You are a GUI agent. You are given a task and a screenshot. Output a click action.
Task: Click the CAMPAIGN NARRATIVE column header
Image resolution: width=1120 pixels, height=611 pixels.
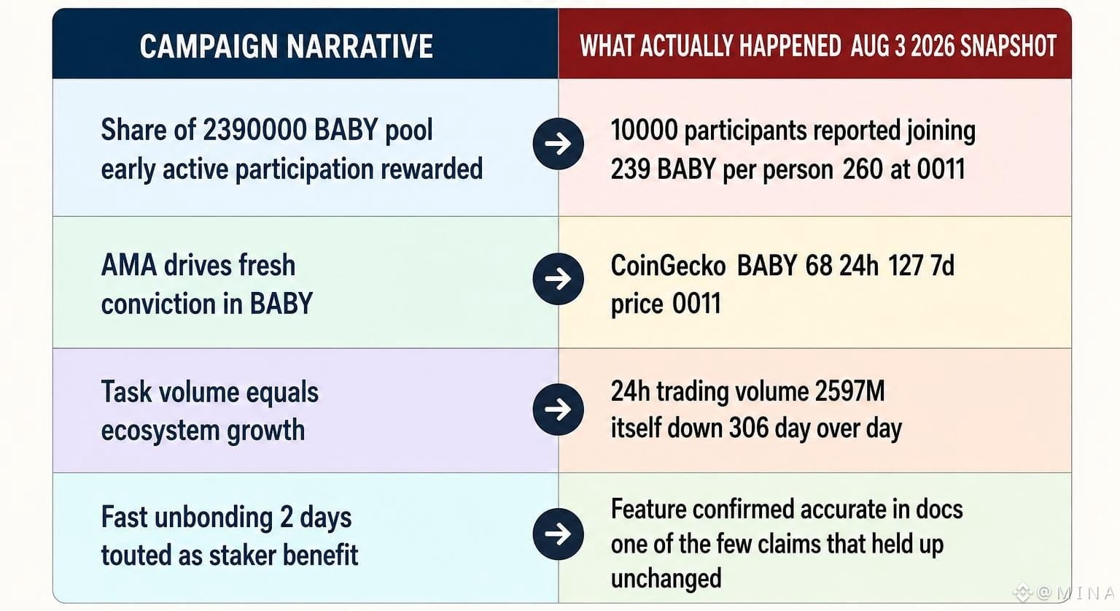[x=287, y=46]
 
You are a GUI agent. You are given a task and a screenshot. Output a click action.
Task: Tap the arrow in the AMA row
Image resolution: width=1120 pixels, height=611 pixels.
[x=558, y=279]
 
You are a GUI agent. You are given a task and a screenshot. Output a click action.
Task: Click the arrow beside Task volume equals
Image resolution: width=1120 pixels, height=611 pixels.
[x=558, y=410]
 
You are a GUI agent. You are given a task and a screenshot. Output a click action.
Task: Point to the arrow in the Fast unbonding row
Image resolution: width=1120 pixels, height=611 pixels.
[x=558, y=534]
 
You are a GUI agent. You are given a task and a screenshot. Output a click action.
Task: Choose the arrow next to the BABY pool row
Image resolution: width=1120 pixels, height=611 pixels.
[x=558, y=144]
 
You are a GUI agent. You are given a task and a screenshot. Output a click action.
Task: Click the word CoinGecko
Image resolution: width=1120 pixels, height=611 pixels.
[x=668, y=265]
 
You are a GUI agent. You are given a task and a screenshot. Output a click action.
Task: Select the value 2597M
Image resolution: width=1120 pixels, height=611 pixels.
[x=850, y=391]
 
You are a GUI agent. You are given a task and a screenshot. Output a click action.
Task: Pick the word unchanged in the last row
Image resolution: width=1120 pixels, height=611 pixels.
[x=666, y=578]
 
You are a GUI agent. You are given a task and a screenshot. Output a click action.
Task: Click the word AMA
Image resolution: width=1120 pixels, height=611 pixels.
[x=129, y=265]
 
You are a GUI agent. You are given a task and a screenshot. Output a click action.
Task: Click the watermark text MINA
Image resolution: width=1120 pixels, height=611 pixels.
[x=1085, y=593]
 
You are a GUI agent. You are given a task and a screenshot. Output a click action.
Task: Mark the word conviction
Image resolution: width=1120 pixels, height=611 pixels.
[x=159, y=304]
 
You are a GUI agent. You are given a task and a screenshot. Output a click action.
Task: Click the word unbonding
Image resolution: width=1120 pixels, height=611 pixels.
[x=214, y=518]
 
